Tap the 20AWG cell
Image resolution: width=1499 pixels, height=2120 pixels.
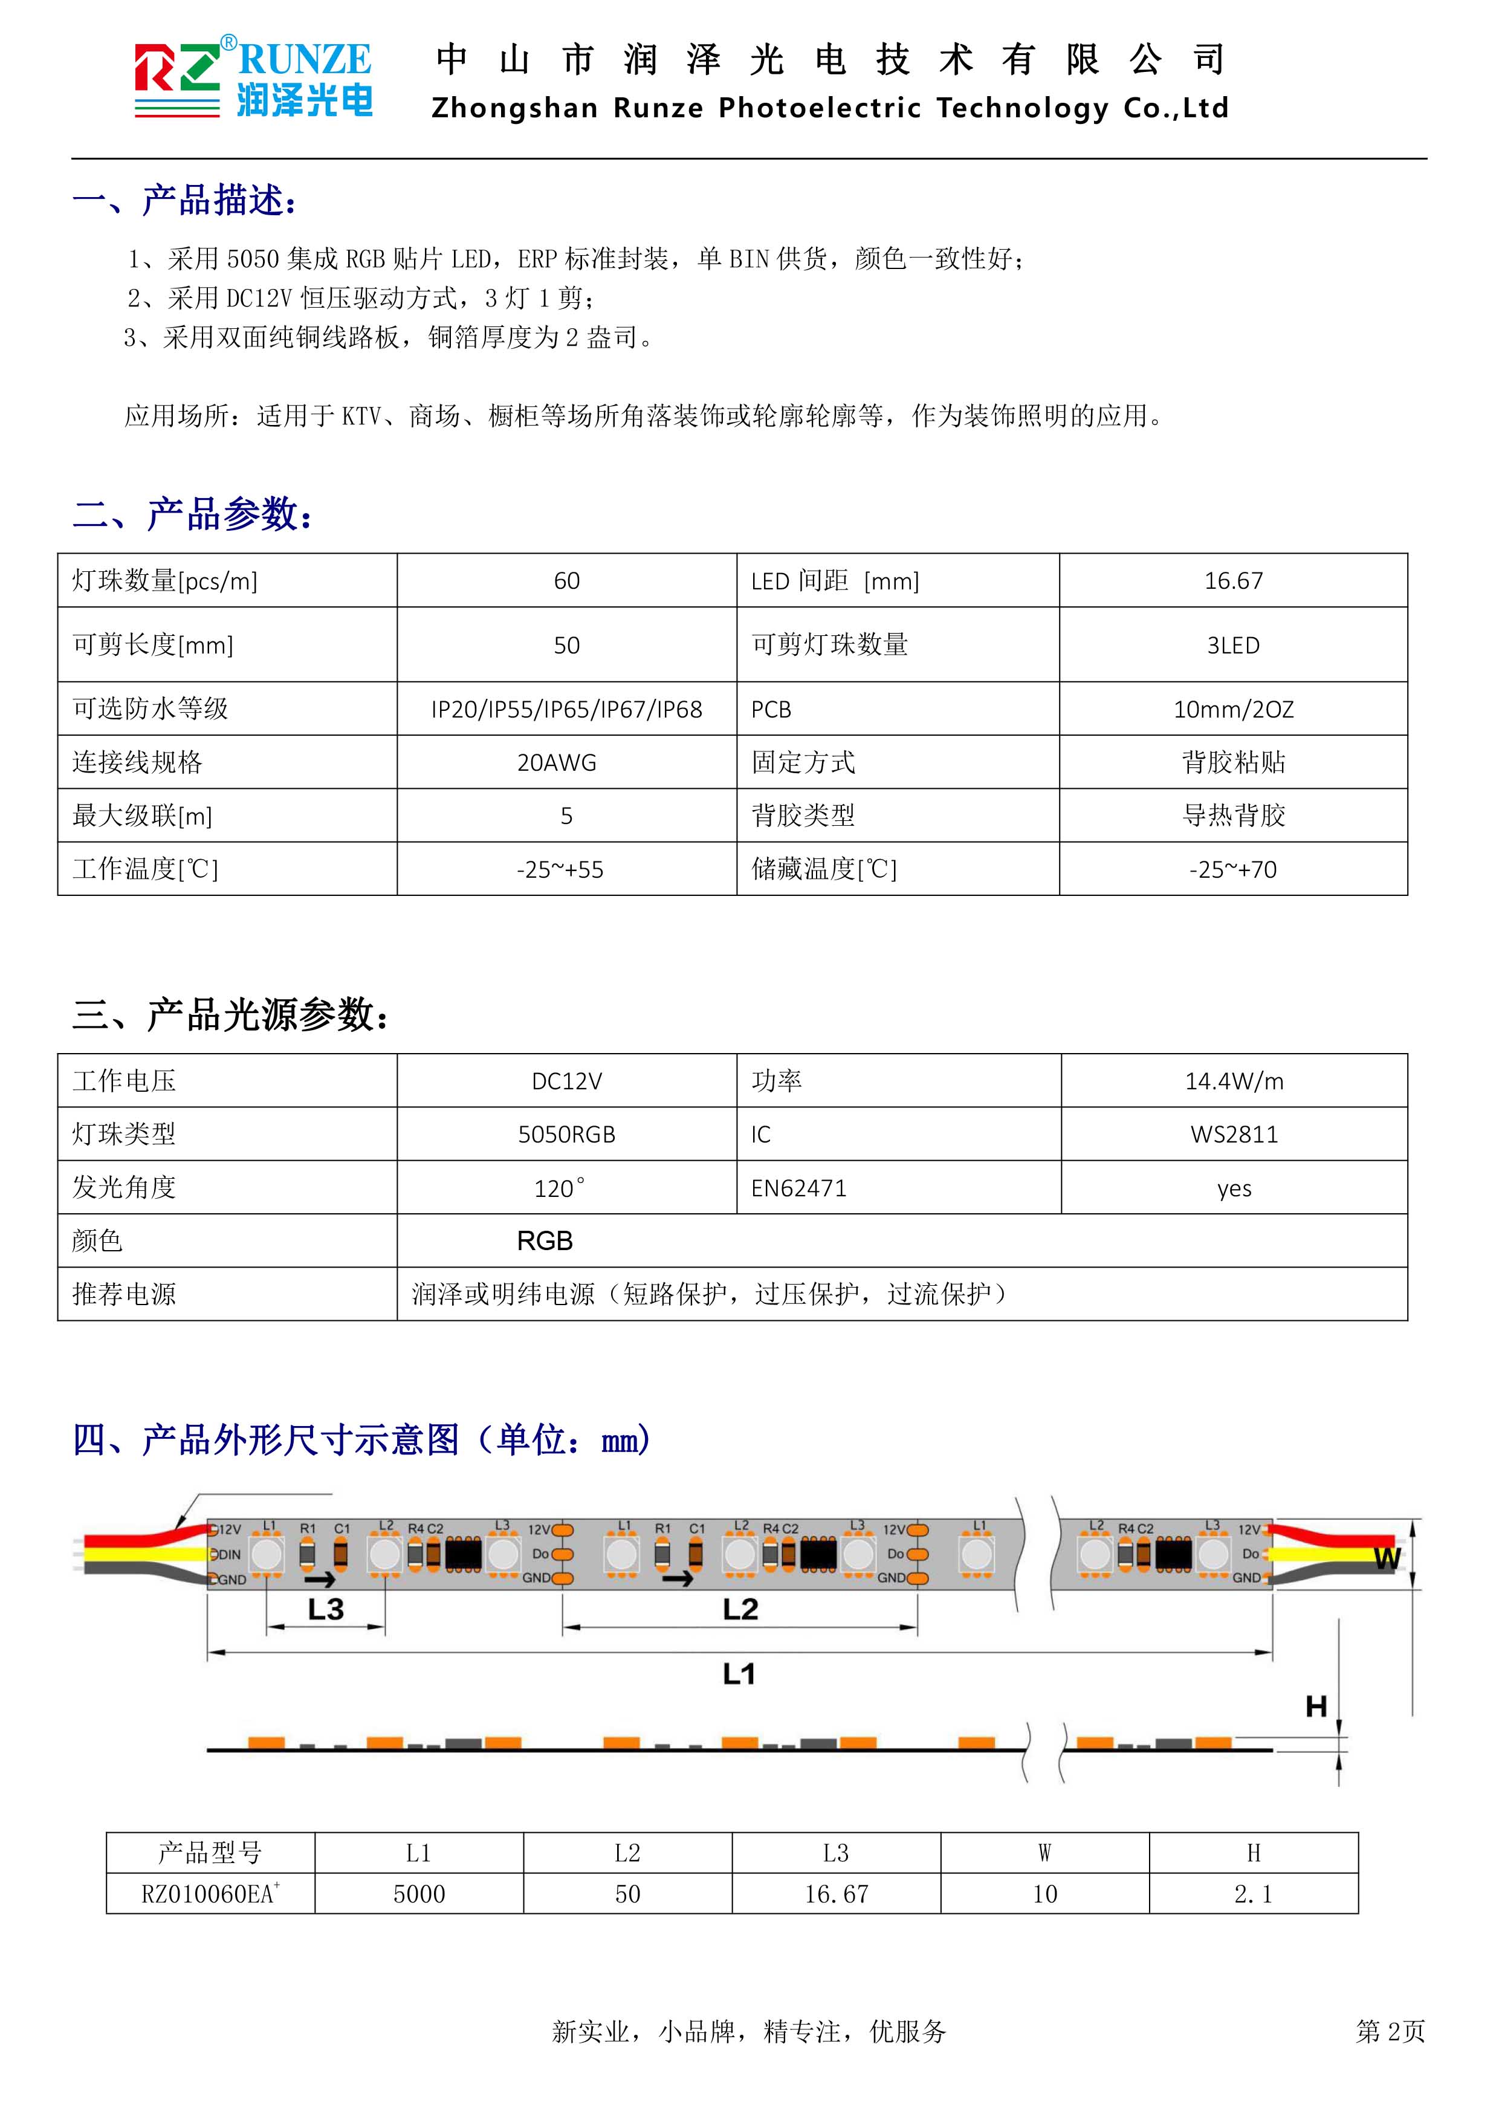click(x=557, y=763)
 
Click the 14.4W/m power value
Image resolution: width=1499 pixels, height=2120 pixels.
click(x=1234, y=1081)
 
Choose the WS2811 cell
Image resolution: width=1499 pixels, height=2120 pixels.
click(x=1234, y=1135)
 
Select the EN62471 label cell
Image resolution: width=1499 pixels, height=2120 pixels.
click(x=798, y=1188)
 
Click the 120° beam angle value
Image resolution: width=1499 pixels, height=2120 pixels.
click(x=558, y=1188)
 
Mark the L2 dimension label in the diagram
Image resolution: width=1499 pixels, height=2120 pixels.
click(x=740, y=1609)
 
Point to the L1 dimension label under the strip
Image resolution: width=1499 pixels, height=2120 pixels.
click(x=739, y=1673)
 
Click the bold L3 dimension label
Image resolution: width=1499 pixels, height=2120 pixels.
click(x=326, y=1609)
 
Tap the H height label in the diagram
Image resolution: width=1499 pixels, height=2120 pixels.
click(x=1316, y=1707)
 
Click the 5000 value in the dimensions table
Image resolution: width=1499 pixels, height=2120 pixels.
click(x=419, y=1895)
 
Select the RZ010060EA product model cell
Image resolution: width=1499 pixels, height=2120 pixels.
click(x=210, y=1895)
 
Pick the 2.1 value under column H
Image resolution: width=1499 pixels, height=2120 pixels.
click(x=1254, y=1895)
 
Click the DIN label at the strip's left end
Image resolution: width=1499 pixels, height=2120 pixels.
click(x=229, y=1555)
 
